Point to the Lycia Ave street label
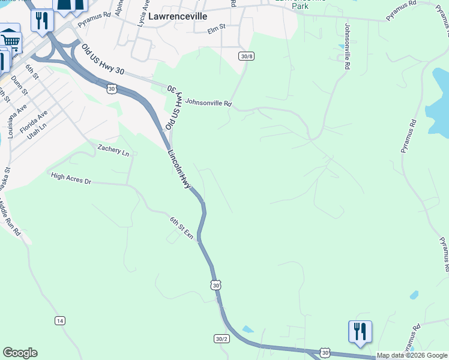142,13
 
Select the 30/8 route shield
246,56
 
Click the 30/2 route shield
221,339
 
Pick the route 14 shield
60,320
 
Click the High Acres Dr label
71,178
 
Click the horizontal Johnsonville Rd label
208,103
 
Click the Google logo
20,353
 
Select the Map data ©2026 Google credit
412,356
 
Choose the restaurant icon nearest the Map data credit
360,332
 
